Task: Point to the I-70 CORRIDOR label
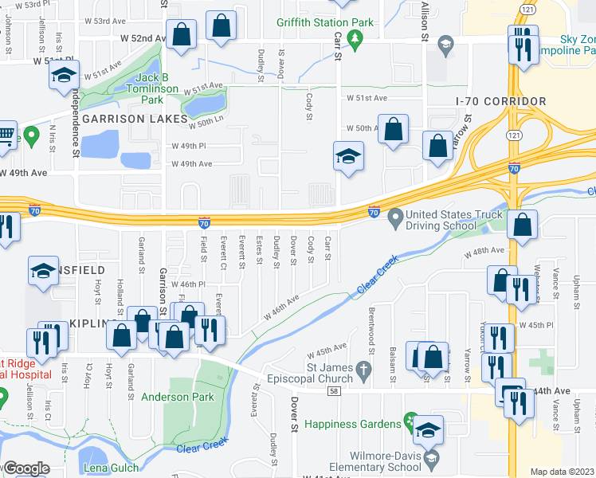500,102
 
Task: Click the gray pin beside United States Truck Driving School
394,215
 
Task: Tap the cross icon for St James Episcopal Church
363,370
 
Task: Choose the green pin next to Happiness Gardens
410,419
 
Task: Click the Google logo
25,469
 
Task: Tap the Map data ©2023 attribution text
563,472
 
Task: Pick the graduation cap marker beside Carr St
347,156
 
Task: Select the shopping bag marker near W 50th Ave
393,129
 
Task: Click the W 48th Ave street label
485,250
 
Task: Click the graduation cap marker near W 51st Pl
62,77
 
